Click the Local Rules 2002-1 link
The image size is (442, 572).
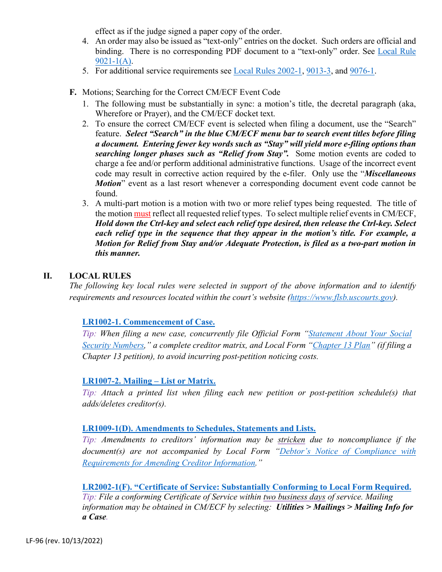tap(268, 71)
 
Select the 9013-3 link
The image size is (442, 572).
tap(318, 71)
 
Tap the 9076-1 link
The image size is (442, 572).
tap(362, 71)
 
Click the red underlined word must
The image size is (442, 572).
tap(142, 213)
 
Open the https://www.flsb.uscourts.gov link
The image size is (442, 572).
tap(342, 298)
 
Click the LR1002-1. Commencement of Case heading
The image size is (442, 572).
tap(148, 322)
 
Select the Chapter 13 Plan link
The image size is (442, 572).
tap(342, 345)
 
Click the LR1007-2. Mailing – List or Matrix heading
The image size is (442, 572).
tap(149, 381)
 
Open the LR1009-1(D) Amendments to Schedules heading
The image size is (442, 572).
tap(199, 428)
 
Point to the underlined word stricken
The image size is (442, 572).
tap(291, 439)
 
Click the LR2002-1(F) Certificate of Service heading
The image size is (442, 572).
tap(247, 487)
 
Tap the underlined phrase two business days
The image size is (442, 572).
tap(294, 497)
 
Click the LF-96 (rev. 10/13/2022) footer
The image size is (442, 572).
tap(64, 541)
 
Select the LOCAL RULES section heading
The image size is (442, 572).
tap(100, 276)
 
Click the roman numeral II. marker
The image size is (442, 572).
tap(47, 276)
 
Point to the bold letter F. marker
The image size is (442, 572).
tap(73, 92)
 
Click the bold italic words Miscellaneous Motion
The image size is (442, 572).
tap(390, 173)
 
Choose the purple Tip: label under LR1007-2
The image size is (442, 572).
tap(89, 392)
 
